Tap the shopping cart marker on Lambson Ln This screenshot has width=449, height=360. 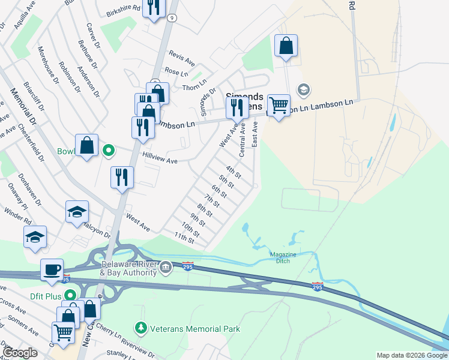coord(279,105)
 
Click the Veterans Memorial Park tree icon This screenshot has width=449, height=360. coord(141,328)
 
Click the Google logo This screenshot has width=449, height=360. coord(20,353)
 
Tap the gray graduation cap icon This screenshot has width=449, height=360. coord(304,89)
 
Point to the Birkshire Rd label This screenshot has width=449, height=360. coord(122,9)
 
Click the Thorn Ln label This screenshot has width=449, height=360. coord(194,85)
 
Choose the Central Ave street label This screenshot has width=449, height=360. coord(243,140)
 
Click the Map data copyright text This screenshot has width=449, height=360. coord(412,355)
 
